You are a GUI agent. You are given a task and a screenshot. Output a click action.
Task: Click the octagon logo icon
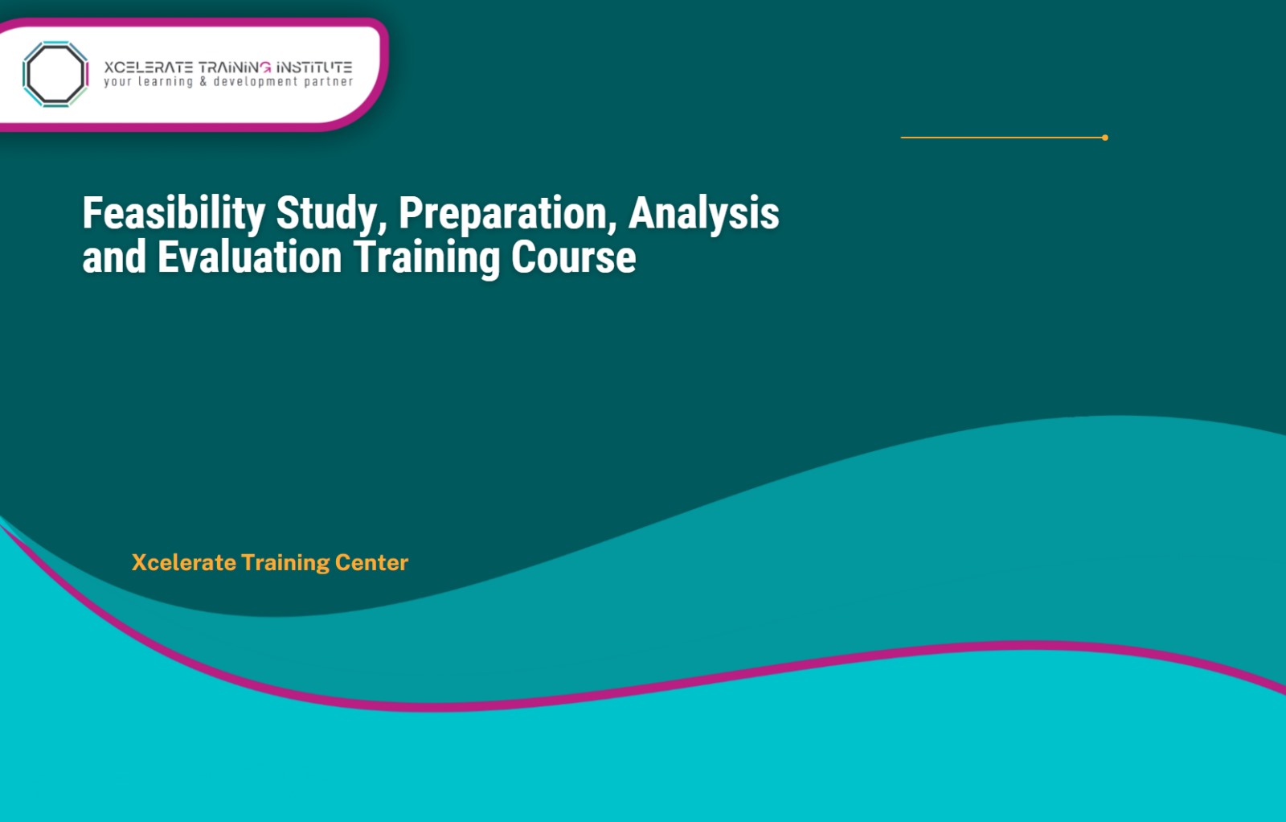[x=55, y=74]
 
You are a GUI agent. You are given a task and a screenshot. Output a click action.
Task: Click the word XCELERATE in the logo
[x=148, y=68]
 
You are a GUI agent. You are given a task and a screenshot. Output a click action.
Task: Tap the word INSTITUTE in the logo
[x=314, y=68]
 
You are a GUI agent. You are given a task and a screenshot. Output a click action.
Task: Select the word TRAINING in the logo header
[x=235, y=68]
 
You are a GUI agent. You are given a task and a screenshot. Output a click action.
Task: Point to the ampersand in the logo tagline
[x=203, y=81]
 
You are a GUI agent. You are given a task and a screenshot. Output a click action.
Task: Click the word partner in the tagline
[x=328, y=82]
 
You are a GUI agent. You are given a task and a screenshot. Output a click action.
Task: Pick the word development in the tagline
[x=256, y=82]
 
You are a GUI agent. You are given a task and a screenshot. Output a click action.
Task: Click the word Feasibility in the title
[x=174, y=213]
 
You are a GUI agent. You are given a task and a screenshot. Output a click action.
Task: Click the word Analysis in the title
[x=704, y=213]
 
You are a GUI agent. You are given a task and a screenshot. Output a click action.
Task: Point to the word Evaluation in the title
[x=250, y=258]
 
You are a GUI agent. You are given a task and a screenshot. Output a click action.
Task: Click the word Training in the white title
[x=427, y=258]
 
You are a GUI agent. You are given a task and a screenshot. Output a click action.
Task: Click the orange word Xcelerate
[x=184, y=562]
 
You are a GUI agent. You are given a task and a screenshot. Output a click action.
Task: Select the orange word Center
[x=371, y=562]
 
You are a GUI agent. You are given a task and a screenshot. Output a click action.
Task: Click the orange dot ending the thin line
[x=1105, y=138]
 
